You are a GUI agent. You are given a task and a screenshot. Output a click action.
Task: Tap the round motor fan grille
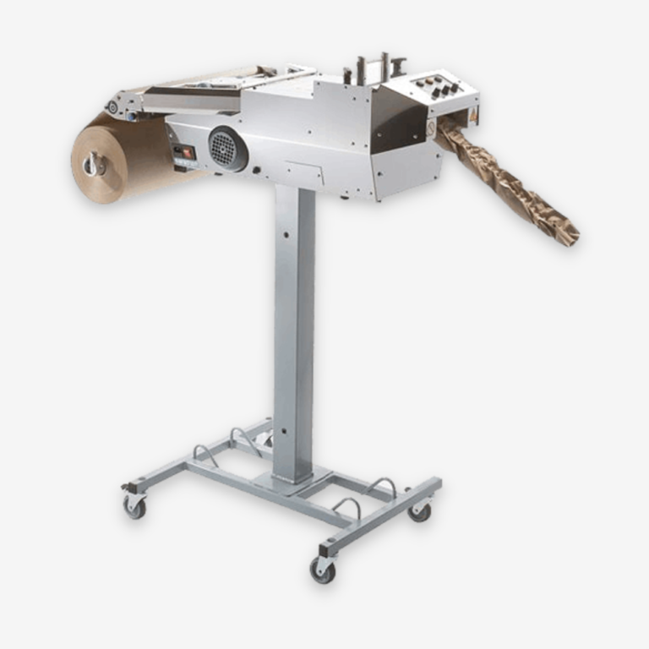pos(224,149)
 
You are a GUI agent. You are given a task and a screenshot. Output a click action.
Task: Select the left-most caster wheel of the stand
pos(134,506)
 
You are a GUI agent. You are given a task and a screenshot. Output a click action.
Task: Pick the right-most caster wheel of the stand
pos(419,510)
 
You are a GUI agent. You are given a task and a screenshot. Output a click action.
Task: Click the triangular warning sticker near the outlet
pos(474,111)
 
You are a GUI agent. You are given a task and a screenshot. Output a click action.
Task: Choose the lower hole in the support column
pos(282,430)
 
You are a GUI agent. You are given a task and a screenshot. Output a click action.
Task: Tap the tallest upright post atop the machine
pos(384,68)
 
